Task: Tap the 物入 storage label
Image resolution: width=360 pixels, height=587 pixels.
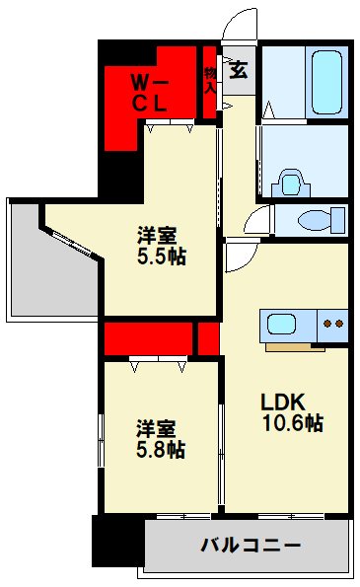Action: tap(209, 78)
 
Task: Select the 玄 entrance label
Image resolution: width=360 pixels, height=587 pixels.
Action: tap(239, 69)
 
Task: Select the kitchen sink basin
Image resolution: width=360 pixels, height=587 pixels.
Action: tap(281, 324)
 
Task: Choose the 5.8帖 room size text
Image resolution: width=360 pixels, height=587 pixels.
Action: tap(162, 449)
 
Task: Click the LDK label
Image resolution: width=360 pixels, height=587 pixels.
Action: tap(285, 403)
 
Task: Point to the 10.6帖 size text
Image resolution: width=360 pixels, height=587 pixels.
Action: tap(292, 424)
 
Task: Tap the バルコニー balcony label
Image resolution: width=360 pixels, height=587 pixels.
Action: tap(251, 545)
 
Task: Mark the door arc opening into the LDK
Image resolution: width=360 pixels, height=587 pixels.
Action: tap(240, 256)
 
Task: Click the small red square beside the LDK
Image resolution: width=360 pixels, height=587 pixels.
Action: tap(207, 337)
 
